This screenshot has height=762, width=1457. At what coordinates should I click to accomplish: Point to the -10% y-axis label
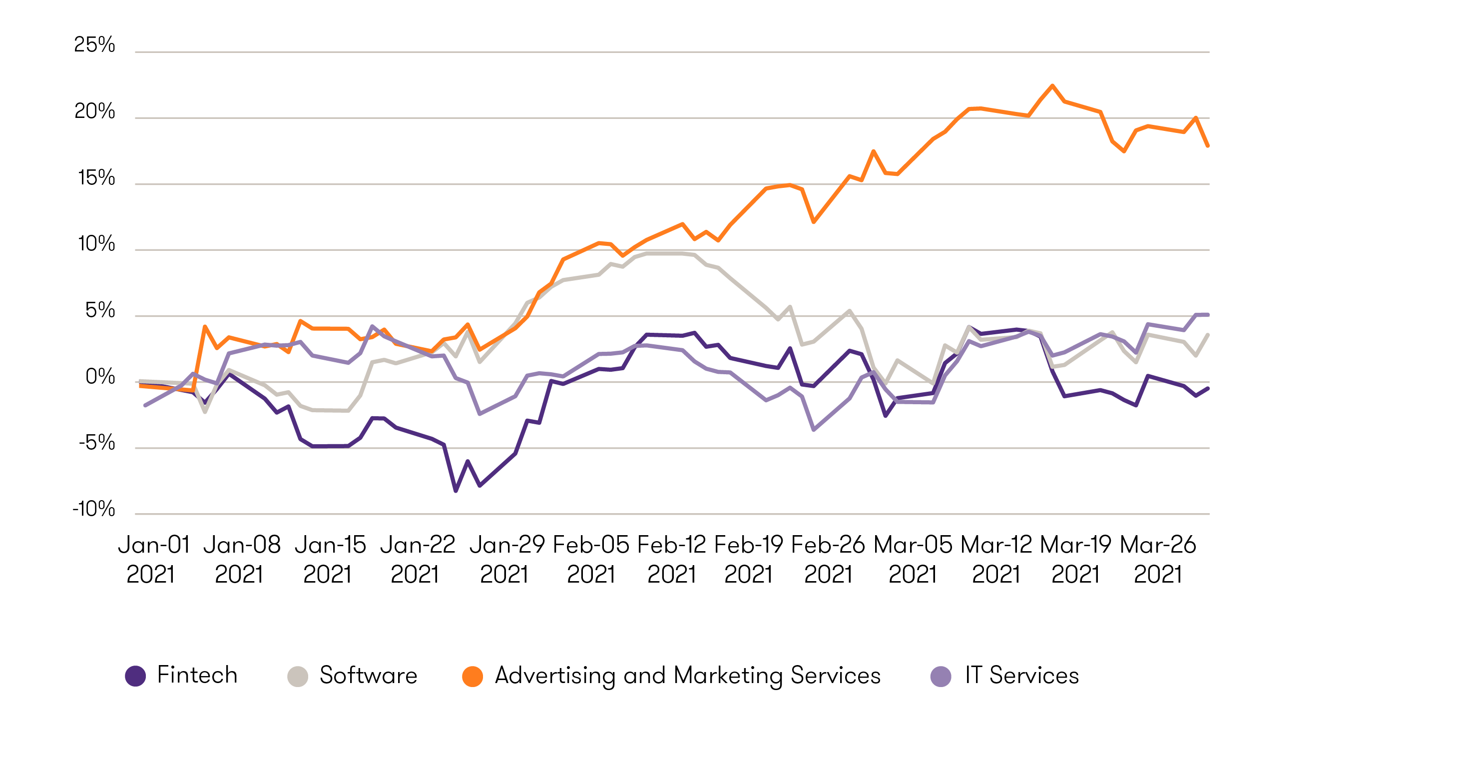tap(94, 509)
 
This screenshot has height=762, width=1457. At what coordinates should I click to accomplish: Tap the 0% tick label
tap(100, 377)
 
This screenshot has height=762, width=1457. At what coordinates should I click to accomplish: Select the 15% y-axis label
tap(96, 178)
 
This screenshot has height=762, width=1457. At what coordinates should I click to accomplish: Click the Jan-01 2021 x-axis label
tap(153, 560)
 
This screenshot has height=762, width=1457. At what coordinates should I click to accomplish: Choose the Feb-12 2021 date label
tap(671, 560)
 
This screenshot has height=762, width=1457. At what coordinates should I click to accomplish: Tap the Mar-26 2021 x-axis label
tap(1158, 560)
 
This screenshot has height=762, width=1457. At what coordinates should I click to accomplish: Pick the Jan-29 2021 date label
tap(507, 560)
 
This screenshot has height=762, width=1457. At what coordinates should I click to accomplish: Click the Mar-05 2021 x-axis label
tap(913, 560)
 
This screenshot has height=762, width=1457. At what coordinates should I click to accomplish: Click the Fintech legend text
tap(197, 675)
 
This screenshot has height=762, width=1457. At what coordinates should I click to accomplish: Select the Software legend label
tap(368, 676)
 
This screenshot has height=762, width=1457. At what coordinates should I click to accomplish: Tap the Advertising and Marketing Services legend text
tap(687, 676)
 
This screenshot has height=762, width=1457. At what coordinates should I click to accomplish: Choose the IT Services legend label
tap(1021, 676)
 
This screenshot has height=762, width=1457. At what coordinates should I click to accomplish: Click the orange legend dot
tap(473, 676)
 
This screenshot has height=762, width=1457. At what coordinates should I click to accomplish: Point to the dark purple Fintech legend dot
tap(135, 676)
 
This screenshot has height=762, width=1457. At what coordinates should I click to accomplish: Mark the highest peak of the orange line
tap(1052, 85)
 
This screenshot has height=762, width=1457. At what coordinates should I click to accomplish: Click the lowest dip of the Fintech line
tap(456, 491)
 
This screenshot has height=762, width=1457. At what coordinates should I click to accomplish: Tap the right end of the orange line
tap(1208, 146)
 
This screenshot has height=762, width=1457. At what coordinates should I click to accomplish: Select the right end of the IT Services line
tap(1208, 314)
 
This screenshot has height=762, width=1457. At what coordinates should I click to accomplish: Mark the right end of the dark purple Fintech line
tap(1208, 388)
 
